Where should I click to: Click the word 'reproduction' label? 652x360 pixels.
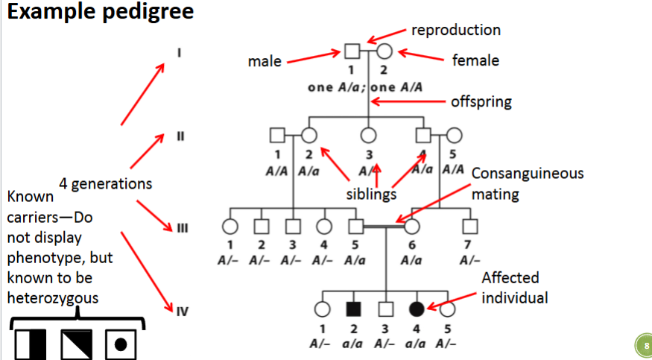tap(456, 30)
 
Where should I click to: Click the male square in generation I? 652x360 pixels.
tap(352, 51)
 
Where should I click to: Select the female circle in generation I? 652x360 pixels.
tap(384, 51)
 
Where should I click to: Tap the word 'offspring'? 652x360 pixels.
tap(481, 101)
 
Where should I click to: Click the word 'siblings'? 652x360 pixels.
tap(370, 193)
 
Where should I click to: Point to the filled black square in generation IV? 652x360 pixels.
tap(355, 308)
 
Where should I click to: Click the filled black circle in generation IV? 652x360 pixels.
tap(417, 308)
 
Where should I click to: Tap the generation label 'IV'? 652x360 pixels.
tap(182, 312)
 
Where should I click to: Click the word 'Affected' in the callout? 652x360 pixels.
tap(510, 279)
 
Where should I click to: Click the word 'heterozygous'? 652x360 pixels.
tap(54, 297)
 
